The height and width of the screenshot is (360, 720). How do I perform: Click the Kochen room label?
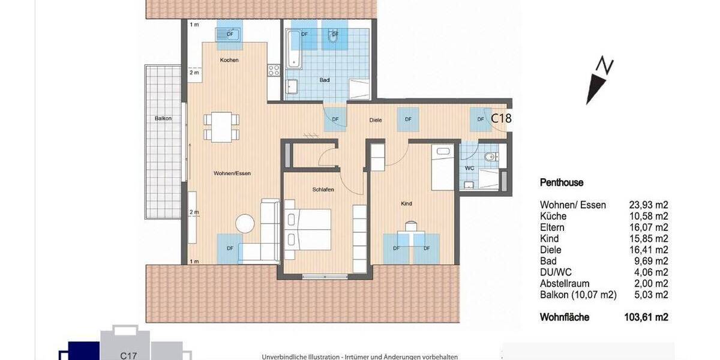(x=229, y=60)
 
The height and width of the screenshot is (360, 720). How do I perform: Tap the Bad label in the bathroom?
(x=325, y=79)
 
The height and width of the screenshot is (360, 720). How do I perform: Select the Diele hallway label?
(x=376, y=120)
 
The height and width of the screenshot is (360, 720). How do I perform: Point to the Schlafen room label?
(x=323, y=190)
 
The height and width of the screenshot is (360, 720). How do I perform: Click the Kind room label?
(x=406, y=204)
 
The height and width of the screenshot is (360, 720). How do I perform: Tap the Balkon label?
(x=163, y=118)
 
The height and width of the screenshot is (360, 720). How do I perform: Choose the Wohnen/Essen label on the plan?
(x=232, y=173)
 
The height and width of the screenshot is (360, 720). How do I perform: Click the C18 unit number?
(x=501, y=118)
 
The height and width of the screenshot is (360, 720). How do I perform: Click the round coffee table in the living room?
(x=245, y=224)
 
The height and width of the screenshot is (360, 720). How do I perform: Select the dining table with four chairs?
(x=221, y=127)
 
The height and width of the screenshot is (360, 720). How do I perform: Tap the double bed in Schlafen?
(x=309, y=230)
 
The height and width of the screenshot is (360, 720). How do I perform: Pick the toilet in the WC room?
(x=491, y=158)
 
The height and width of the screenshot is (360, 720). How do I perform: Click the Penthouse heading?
(x=562, y=183)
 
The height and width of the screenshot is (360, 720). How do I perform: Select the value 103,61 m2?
(x=646, y=317)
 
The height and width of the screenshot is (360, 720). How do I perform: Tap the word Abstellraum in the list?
(x=565, y=284)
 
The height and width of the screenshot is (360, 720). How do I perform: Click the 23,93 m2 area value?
(x=649, y=205)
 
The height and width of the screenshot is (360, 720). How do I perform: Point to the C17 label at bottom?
(x=129, y=355)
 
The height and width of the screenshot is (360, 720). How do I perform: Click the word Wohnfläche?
(x=565, y=317)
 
